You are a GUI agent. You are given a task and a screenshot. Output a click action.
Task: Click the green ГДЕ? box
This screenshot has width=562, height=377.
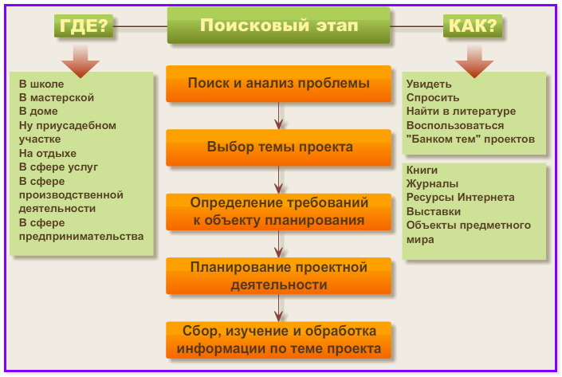pos(84,26)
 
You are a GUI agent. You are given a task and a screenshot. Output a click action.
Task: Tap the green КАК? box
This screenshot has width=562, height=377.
pos(473,26)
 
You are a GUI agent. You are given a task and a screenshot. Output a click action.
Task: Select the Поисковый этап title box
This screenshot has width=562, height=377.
pos(278,26)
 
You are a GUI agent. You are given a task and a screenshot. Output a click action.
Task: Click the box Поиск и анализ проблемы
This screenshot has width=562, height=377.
pos(278,84)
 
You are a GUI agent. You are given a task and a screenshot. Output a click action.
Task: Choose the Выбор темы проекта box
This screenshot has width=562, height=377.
pos(278,147)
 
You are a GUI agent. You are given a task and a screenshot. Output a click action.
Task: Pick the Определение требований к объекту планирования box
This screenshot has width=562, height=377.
pos(278,211)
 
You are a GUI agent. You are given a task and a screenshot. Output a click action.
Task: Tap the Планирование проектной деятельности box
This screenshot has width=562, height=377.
pos(278,276)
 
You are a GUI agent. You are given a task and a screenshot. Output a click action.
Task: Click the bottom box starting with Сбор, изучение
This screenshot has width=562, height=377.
pos(278,340)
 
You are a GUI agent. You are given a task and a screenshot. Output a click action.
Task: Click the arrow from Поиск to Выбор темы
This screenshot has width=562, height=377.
pos(278,116)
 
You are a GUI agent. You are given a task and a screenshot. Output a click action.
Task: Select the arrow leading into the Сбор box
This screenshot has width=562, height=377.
pos(278,308)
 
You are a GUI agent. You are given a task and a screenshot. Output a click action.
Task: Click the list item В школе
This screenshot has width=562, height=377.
pos(41,84)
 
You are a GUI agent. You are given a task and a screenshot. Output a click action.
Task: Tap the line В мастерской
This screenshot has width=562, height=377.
pos(57,97)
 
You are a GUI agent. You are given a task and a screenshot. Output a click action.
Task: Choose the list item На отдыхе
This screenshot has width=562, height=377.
pos(47,153)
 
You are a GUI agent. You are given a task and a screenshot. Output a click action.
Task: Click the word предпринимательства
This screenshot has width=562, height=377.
pos(81,237)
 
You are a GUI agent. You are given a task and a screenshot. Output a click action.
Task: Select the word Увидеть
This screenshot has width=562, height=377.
pos(429,84)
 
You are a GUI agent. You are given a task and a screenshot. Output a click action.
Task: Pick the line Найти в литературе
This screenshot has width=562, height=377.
pos(461,112)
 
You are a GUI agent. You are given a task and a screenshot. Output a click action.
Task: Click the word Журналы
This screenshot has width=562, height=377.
pos(432,184)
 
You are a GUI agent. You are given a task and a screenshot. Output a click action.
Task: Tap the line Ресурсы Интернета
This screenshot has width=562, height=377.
pos(460,198)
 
